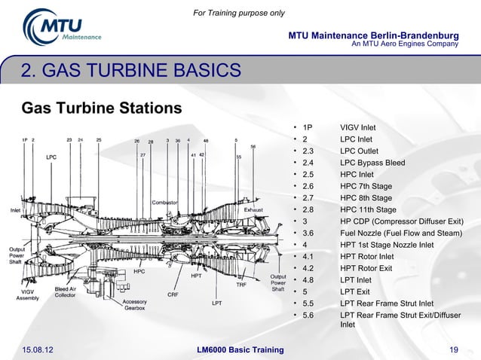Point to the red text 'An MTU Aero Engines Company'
(406, 44)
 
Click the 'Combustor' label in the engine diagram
(164, 202)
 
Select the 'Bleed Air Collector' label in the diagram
(65, 292)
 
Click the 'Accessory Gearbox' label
(134, 305)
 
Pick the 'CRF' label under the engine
(173, 294)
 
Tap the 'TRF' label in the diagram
(241, 285)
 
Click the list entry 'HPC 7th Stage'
(366, 186)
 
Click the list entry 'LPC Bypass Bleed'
(372, 163)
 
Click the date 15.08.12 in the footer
(38, 349)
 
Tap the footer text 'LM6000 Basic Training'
(240, 349)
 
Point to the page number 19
(454, 349)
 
